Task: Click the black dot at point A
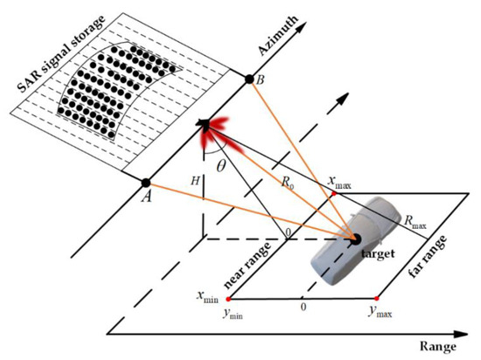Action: click(x=146, y=183)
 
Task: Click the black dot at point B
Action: click(x=250, y=80)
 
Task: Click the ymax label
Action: click(x=380, y=312)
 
